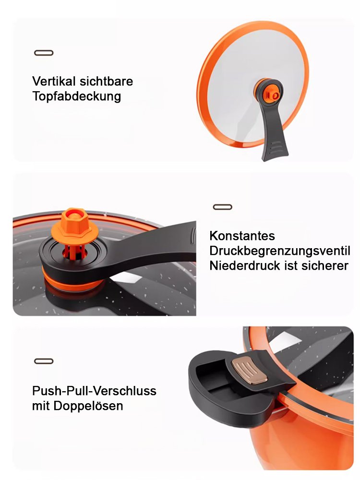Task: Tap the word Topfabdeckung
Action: pyautogui.click(x=76, y=96)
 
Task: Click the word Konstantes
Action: pyautogui.click(x=242, y=236)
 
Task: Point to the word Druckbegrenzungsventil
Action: pyautogui.click(x=279, y=251)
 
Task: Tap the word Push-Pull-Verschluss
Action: pyautogui.click(x=94, y=391)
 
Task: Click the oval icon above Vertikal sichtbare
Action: pyautogui.click(x=44, y=53)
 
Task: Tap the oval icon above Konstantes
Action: pyautogui.click(x=222, y=207)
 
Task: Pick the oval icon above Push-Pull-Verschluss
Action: pyautogui.click(x=44, y=361)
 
